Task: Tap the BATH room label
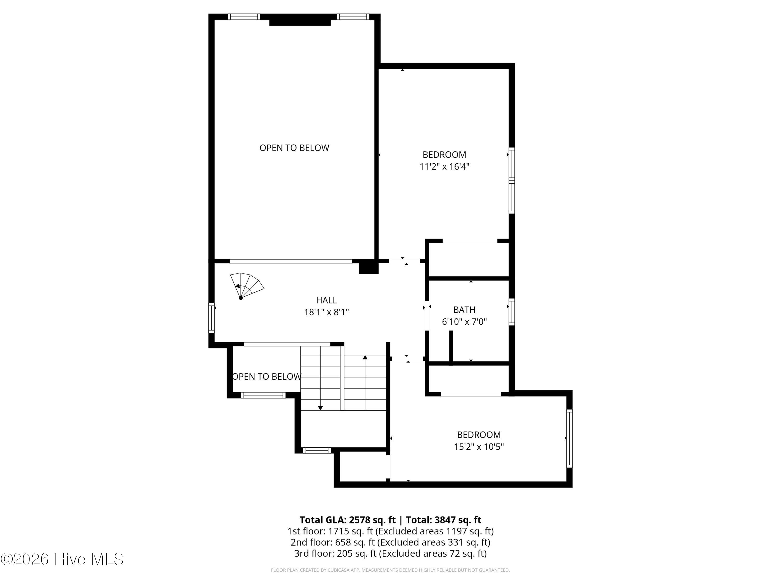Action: pos(464,310)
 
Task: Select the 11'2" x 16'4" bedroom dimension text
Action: pos(444,166)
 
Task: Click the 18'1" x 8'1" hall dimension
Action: pos(327,312)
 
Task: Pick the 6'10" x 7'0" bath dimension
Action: pos(464,322)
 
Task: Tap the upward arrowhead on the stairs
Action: pos(365,358)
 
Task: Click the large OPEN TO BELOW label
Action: pos(294,148)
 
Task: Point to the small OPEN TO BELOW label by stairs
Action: pos(267,377)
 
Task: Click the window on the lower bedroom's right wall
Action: pos(569,438)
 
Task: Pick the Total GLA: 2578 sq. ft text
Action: pos(348,520)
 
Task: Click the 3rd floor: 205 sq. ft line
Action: pos(391,553)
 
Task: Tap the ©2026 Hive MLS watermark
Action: pos(62,559)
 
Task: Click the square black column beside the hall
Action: pos(369,267)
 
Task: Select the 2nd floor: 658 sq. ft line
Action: pos(391,542)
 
